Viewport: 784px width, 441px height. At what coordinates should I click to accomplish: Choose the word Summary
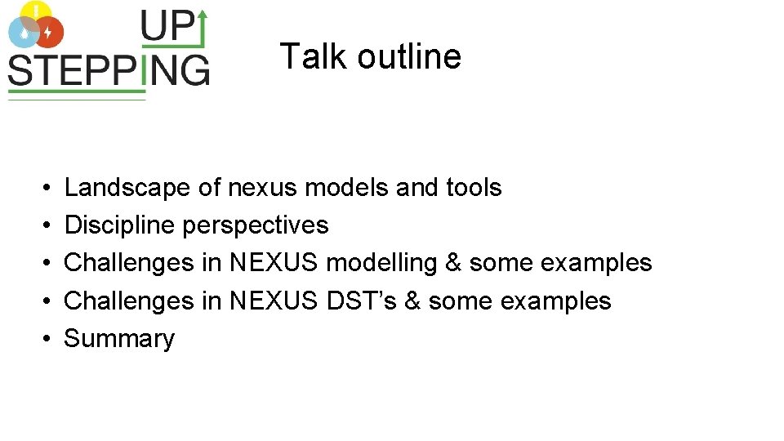119,338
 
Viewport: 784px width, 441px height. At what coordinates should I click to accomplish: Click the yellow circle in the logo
35,11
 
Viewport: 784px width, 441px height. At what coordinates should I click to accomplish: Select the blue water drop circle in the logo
22,32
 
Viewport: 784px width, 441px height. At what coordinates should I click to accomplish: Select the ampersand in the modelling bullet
453,263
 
